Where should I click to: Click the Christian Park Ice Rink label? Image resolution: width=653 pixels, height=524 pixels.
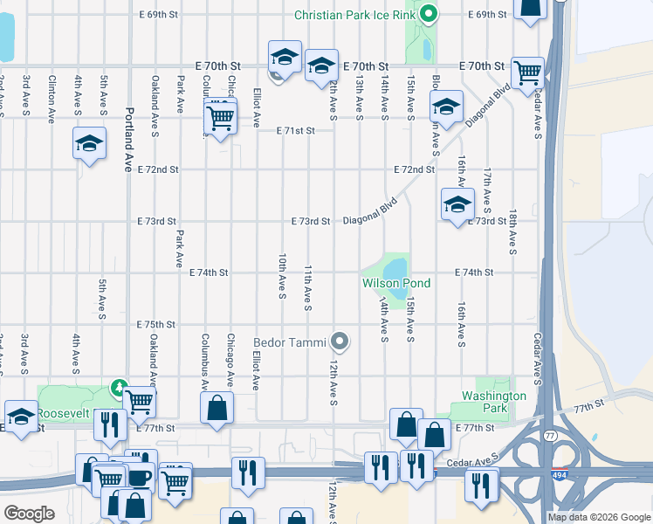coord(354,15)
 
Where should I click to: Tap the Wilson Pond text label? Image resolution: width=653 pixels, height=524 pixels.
coord(396,283)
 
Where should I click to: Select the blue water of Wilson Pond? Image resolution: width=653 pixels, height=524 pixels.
coord(395,266)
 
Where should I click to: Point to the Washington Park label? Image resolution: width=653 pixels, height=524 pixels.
coord(493,402)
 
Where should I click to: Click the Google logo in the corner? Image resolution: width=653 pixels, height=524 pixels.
coord(28,514)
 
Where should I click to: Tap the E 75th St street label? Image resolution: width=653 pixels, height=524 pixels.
coord(156,324)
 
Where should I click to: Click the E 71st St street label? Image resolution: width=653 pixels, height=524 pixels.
coord(294,131)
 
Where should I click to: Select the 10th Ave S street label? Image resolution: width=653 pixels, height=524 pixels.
coord(282,278)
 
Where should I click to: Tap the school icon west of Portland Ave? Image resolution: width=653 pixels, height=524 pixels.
coord(89,144)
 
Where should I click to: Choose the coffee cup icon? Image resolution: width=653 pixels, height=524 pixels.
coord(139,479)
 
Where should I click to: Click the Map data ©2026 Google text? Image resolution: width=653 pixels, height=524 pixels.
coord(600,517)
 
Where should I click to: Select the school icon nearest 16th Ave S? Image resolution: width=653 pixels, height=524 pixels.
coord(457,206)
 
